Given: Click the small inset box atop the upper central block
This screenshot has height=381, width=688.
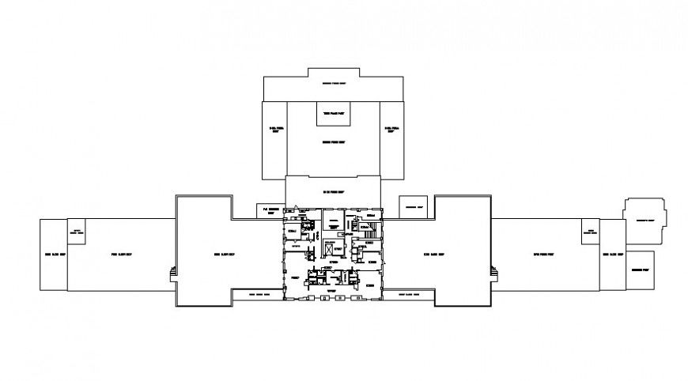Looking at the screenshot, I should click(x=334, y=115).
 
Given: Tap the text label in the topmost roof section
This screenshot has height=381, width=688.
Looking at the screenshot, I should click(x=332, y=84).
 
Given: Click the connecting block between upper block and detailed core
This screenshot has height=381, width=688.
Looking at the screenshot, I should click(x=333, y=192).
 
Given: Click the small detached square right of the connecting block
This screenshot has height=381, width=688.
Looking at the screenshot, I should click(x=411, y=206).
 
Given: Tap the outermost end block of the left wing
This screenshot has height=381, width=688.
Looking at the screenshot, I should click(x=54, y=255).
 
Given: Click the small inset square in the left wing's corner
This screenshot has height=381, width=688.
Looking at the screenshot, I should click(x=77, y=232).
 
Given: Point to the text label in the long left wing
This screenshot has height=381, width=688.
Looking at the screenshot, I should click(x=120, y=255).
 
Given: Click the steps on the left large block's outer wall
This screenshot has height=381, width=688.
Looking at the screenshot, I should click(x=172, y=273).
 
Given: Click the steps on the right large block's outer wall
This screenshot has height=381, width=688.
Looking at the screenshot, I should click(x=496, y=273).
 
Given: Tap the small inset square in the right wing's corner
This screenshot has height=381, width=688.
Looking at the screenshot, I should click(x=589, y=232).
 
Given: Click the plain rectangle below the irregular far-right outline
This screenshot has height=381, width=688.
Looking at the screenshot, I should click(x=641, y=270).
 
